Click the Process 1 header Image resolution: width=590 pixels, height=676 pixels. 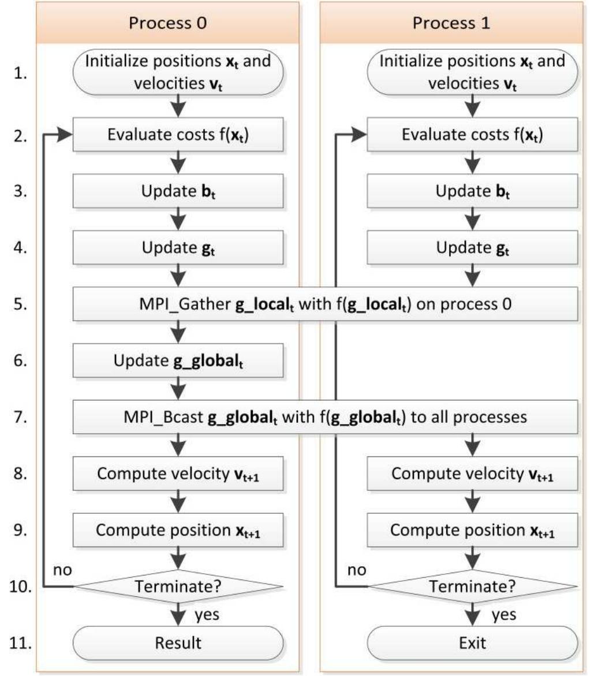(x=451, y=23)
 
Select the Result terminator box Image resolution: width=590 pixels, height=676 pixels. (x=178, y=642)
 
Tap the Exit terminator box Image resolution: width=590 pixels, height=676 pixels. (x=473, y=642)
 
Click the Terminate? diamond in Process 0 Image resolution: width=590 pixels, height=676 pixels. (x=178, y=587)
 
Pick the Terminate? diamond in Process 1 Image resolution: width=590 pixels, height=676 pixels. (x=473, y=587)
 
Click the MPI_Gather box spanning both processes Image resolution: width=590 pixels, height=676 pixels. (x=325, y=304)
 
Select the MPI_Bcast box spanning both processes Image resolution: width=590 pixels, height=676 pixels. (x=325, y=417)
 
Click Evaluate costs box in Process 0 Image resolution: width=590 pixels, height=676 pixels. (x=178, y=135)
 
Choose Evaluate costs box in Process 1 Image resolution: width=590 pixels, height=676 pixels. (x=473, y=135)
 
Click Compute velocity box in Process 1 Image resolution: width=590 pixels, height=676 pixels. (x=473, y=473)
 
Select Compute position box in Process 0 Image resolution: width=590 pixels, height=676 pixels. (x=178, y=530)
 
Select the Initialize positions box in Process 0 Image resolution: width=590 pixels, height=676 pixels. (x=178, y=72)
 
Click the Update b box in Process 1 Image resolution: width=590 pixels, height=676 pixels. (x=473, y=191)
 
